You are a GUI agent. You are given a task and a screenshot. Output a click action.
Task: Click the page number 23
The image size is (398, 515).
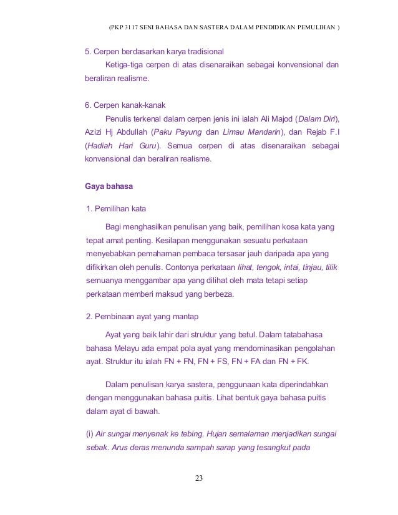point(198,478)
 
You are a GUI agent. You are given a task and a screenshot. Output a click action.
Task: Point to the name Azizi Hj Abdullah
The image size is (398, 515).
point(115,132)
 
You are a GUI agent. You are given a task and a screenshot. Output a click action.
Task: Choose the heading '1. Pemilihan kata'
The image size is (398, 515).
point(117,208)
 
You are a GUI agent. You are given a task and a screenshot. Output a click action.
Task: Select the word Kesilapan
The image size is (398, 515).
point(147,239)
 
